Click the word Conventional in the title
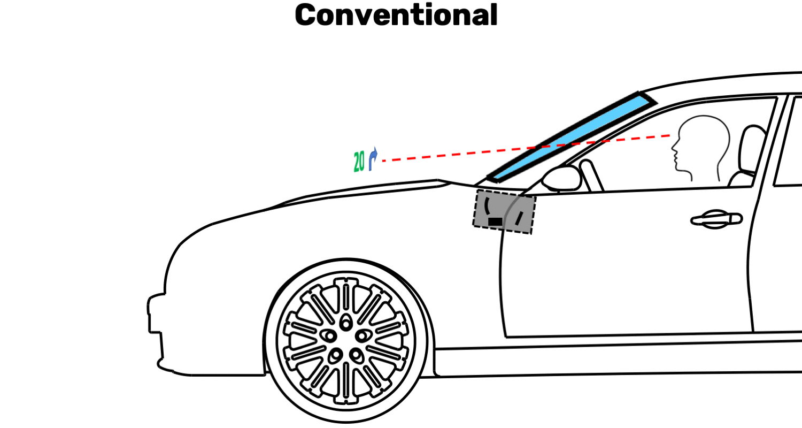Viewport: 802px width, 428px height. [x=396, y=15]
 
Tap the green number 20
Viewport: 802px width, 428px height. [x=359, y=162]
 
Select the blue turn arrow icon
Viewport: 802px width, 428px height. [x=373, y=159]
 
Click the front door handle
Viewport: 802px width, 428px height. [x=716, y=219]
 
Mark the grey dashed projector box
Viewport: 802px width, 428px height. [x=504, y=211]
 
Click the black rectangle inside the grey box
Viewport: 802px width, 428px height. [x=495, y=220]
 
